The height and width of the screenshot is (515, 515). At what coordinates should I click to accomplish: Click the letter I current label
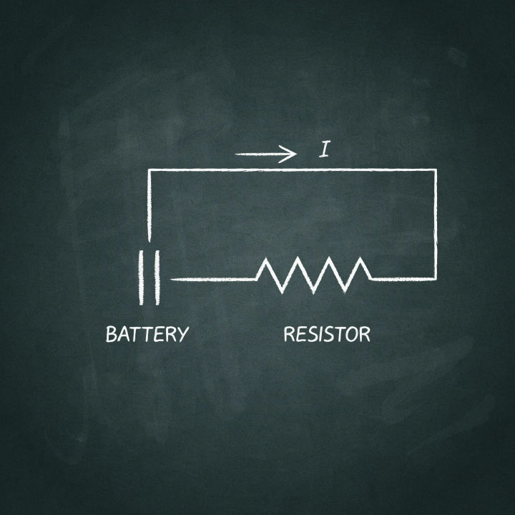324,149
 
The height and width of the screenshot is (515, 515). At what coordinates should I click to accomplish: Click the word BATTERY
147,334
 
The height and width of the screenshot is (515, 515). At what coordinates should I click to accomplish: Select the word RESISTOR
327,334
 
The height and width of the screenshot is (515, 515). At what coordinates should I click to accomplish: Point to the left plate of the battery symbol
141,278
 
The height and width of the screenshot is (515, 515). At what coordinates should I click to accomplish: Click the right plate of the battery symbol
157,278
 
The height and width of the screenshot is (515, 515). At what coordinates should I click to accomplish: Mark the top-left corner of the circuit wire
149,170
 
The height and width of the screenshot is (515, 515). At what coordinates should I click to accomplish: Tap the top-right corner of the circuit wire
436,170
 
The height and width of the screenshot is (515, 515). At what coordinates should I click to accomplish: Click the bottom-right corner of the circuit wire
436,279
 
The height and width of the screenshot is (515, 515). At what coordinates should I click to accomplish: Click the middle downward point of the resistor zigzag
313,292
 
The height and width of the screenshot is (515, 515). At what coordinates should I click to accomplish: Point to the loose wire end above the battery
149,241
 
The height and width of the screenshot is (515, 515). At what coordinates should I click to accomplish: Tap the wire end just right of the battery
172,280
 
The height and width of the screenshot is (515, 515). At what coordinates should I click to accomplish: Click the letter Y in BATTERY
182,335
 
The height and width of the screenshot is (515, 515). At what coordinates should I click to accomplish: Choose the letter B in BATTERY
112,334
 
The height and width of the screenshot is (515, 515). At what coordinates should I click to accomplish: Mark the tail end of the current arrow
237,154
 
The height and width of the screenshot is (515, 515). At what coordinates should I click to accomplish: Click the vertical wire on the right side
436,225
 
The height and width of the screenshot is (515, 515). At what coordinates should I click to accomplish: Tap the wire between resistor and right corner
403,279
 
